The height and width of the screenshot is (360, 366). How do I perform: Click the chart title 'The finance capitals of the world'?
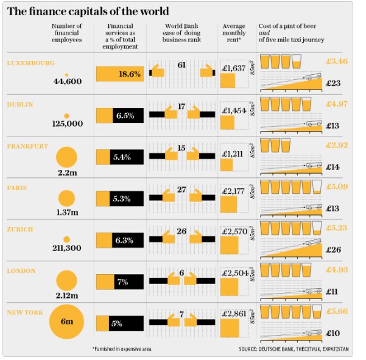pos(88,11)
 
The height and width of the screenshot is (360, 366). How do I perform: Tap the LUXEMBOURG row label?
pos(30,63)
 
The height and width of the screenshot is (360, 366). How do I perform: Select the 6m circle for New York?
pos(67,322)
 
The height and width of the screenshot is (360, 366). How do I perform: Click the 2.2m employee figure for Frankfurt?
pos(67,173)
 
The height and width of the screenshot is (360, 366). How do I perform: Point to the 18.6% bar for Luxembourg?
pos(119,74)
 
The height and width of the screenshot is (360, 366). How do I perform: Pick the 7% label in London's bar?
pos(122,282)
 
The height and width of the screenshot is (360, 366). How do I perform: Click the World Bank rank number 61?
pos(181,65)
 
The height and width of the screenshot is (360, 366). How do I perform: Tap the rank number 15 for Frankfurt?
pos(181,147)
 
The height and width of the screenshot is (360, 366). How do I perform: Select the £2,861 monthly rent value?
pos(234,312)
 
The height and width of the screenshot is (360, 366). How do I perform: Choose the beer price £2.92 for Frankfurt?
pos(336,145)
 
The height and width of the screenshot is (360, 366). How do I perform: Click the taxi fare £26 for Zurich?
pos(333,249)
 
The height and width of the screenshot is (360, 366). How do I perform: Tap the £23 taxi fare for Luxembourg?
pos(333,83)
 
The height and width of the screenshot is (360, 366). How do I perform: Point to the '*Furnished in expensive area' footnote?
pos(122,349)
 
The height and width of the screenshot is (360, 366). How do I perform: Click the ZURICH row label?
pos(20,229)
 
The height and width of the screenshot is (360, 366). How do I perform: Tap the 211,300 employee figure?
pos(67,248)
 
